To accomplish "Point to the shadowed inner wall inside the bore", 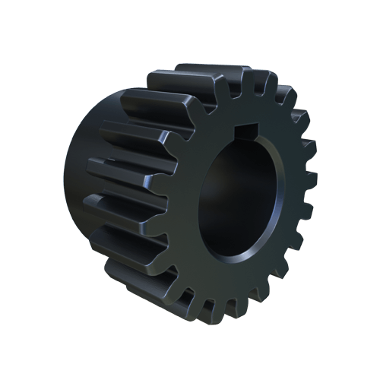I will (x=220, y=190).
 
